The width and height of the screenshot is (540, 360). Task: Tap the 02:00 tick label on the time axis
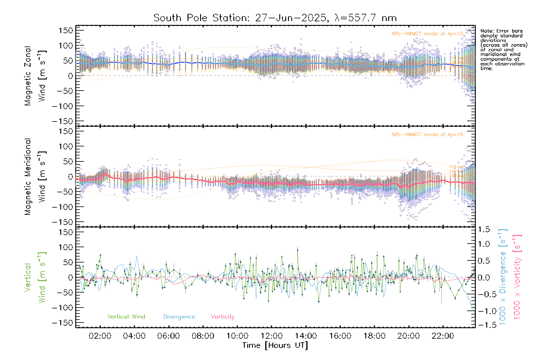100,336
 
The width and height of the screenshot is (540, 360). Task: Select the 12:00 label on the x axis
271,336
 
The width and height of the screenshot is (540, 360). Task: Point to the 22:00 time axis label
443,336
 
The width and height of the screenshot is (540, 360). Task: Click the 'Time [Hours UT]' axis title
275,346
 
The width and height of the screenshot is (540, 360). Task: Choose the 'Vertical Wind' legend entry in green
126,317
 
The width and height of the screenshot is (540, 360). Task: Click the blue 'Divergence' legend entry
179,317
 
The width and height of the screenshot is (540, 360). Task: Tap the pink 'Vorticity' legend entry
223,317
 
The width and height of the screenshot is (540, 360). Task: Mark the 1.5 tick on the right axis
484,229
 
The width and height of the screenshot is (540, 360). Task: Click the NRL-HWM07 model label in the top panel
427,34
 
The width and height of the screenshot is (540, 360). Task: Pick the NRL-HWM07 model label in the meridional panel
427,135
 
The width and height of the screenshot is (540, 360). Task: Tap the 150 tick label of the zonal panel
66,30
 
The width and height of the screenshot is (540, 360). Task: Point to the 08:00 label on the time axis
203,336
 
